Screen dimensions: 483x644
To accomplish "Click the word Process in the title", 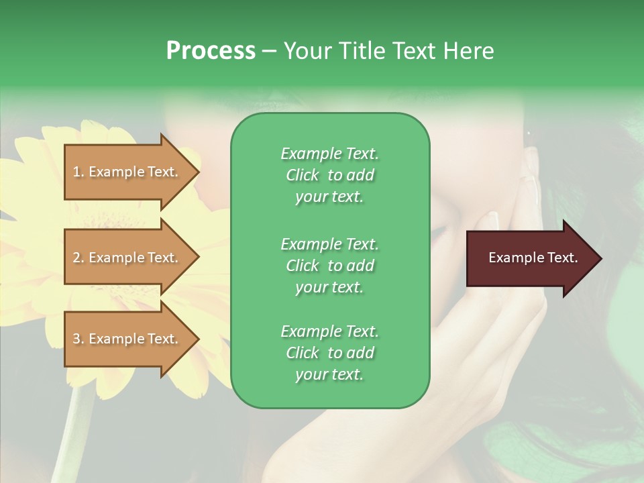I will (x=211, y=51).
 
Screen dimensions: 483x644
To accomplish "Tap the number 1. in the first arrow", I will (x=78, y=172).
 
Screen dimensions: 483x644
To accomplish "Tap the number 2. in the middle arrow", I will (x=78, y=258).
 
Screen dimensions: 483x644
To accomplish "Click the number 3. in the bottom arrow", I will (x=78, y=339).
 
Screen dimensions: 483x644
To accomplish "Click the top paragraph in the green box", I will (x=329, y=175).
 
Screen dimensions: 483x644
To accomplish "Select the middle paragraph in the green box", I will (x=329, y=266).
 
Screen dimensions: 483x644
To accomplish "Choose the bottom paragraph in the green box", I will (x=329, y=353).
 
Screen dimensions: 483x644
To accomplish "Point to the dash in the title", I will (x=269, y=51).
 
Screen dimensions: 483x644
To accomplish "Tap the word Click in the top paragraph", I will (x=302, y=175).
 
